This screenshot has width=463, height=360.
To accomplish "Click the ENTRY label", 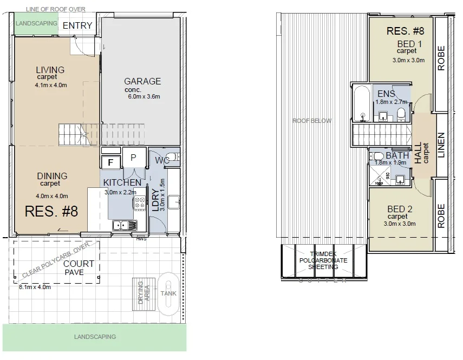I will click(x=77, y=26).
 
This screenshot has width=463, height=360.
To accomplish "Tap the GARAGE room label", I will click(x=142, y=81).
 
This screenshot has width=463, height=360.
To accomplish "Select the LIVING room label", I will click(x=50, y=70).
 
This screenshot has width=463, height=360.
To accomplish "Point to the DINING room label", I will click(x=52, y=176).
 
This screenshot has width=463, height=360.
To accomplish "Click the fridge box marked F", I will click(x=111, y=161).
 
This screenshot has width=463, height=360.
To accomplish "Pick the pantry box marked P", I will click(x=133, y=157).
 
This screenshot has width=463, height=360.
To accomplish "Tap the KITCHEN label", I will click(x=122, y=182).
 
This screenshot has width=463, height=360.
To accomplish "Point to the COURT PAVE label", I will click(x=79, y=268).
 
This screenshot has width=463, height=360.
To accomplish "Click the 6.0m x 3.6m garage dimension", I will click(x=144, y=97).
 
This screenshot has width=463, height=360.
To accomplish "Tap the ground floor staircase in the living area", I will click(x=72, y=133).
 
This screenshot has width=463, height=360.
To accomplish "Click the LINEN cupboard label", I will click(x=441, y=145).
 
